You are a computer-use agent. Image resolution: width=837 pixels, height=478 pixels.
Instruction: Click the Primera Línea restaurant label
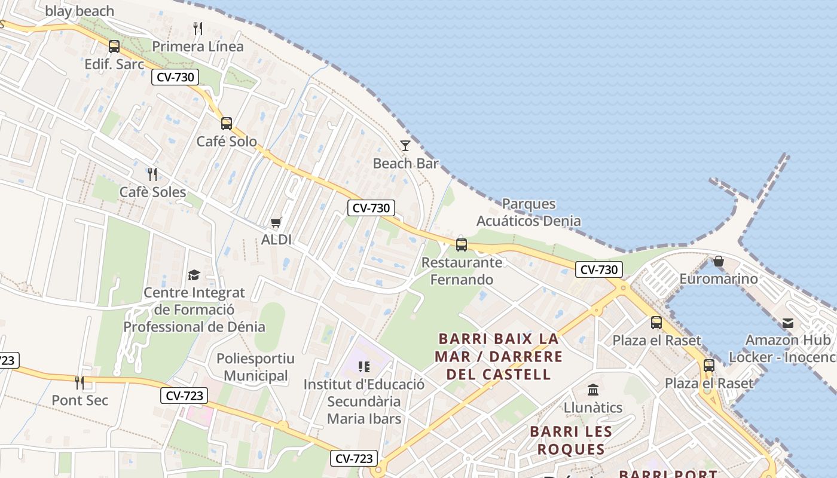coord(198,47)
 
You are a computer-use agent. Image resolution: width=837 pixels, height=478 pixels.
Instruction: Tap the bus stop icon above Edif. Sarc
coord(114,46)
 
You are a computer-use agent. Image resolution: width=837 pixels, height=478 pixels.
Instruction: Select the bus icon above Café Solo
coord(226,124)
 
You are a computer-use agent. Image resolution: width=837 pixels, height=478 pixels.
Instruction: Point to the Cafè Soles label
coord(152,192)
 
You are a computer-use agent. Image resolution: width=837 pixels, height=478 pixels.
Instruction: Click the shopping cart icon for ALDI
coord(276,223)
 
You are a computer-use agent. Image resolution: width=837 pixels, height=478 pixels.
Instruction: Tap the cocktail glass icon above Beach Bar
coord(405,146)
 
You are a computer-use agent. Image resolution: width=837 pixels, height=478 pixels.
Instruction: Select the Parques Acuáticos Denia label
coord(529,212)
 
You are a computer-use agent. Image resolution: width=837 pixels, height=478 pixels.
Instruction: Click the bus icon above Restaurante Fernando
coord(461,244)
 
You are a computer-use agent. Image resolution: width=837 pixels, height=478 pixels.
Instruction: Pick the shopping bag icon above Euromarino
coord(718,262)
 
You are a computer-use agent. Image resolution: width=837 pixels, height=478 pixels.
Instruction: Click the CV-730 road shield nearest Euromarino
coord(598,269)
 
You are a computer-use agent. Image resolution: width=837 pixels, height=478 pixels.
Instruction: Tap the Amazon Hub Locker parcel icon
coord(787,323)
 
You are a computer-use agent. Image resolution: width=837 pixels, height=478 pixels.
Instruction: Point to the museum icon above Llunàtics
coord(593,390)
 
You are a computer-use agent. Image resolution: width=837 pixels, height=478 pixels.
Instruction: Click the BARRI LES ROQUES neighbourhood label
coord(571,440)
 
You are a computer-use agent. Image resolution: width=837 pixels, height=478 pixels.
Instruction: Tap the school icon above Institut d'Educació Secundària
coord(363,366)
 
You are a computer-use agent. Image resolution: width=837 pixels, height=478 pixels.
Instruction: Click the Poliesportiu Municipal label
coord(255,367)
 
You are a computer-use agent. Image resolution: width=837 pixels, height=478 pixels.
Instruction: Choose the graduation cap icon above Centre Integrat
coord(194,275)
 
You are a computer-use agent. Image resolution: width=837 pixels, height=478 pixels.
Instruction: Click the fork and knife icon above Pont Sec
coord(80,382)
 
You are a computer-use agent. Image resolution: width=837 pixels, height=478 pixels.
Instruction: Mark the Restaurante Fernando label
coord(462,271)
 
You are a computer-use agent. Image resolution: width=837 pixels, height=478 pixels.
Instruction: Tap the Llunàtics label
coord(593,407)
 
